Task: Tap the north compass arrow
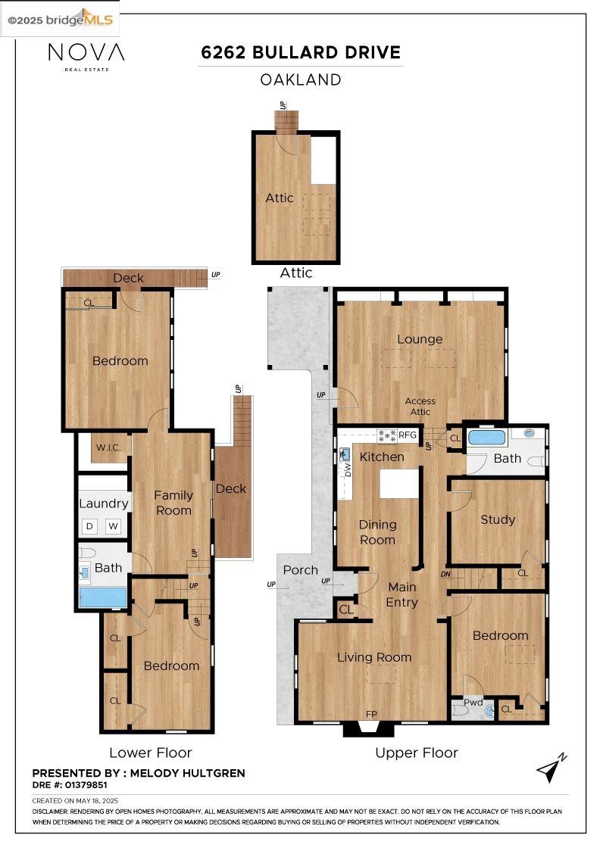(551, 768)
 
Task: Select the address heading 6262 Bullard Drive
(300, 52)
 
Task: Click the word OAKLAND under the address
(300, 79)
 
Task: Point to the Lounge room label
(419, 339)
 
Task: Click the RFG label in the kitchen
(408, 435)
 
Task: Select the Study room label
(498, 519)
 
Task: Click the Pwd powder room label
(473, 702)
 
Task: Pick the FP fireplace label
(371, 713)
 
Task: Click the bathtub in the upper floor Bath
(486, 437)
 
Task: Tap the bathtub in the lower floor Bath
(103, 597)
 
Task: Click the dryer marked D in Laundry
(89, 525)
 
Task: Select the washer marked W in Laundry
(113, 525)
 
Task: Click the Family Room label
(173, 503)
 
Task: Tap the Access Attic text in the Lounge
(420, 407)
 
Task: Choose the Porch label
(300, 569)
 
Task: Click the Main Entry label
(402, 594)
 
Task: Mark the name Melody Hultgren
(188, 773)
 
